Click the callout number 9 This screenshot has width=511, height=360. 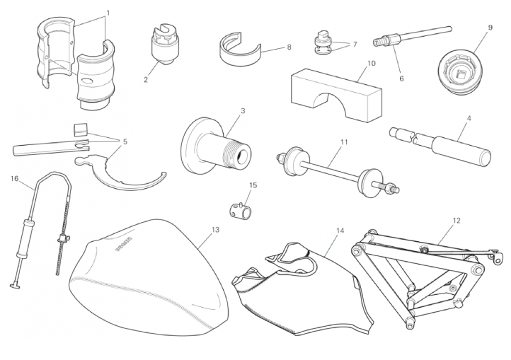point(490,28)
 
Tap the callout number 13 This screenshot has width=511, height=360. point(215,230)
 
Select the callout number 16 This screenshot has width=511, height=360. point(14,178)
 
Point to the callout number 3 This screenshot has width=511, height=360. point(243,111)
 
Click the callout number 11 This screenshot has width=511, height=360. point(344,142)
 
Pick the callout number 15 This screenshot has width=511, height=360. point(253,185)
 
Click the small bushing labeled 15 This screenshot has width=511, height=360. point(241,210)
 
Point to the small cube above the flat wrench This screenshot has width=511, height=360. point(81,129)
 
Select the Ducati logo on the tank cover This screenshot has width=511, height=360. point(124,243)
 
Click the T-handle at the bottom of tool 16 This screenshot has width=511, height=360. point(15,286)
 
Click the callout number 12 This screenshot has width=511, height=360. point(457,221)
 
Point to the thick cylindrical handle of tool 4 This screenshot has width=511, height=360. point(462,151)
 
